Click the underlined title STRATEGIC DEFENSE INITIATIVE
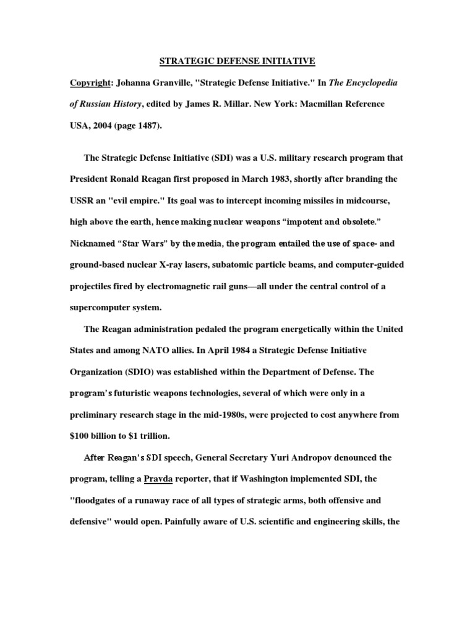(238, 61)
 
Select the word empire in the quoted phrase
(147, 201)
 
